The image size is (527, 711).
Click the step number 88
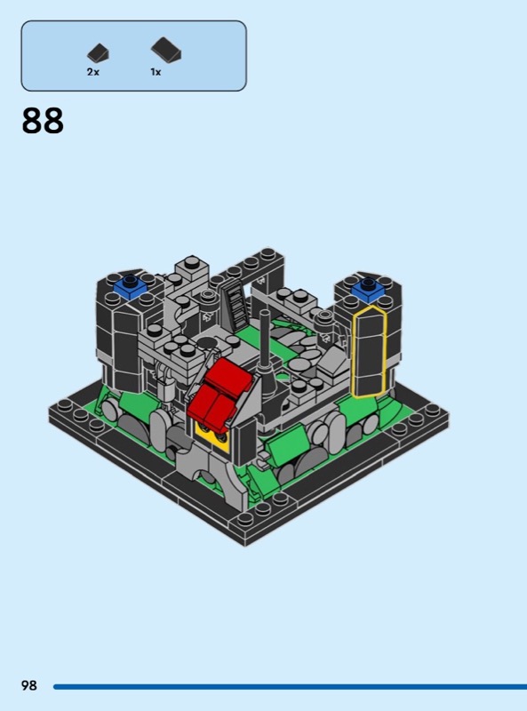pyautogui.click(x=43, y=121)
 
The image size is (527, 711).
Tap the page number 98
pyautogui.click(x=29, y=684)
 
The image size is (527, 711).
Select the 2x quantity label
pyautogui.click(x=93, y=72)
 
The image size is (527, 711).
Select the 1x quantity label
pyautogui.click(x=156, y=72)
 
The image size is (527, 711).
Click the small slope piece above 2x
pyautogui.click(x=98, y=53)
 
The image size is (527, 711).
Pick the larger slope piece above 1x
pyautogui.click(x=166, y=50)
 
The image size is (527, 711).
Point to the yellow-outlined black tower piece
pyautogui.click(x=369, y=351)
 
